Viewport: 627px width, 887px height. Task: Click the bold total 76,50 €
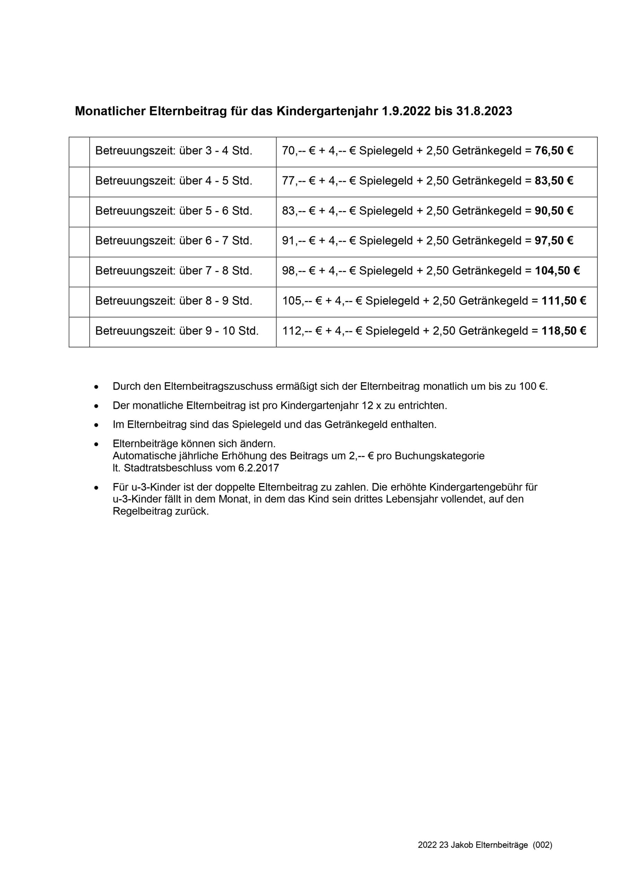click(554, 151)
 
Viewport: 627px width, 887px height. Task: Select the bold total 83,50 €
click(554, 181)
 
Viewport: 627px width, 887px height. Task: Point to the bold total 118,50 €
click(564, 331)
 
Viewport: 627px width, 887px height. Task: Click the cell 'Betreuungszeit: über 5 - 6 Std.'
click(174, 211)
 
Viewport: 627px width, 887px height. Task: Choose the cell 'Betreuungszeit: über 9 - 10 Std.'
click(177, 331)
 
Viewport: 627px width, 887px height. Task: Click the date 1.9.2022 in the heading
click(406, 111)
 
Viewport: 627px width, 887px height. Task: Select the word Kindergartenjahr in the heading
click(327, 111)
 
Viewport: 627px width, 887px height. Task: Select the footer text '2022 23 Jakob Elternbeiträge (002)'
click(485, 845)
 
